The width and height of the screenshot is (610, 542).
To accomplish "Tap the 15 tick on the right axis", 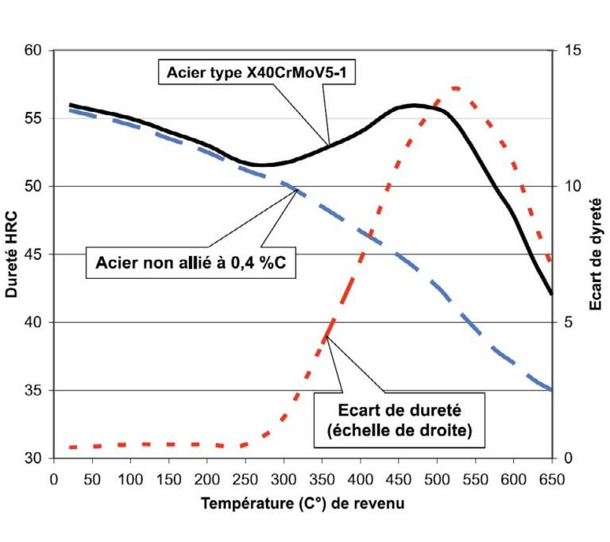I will point(572,51).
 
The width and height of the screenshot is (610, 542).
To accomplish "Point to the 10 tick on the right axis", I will point(572,187).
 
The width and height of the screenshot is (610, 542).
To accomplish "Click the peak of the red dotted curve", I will point(455,87).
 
